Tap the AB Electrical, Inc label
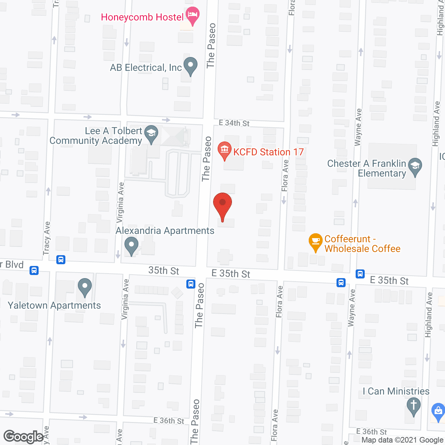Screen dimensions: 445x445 pyautogui.click(x=146, y=67)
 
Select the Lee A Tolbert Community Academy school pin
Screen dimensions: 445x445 pyautogui.click(x=151, y=134)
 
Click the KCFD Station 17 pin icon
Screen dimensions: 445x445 pyautogui.click(x=225, y=151)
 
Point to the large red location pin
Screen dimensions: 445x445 pyautogui.click(x=222, y=205)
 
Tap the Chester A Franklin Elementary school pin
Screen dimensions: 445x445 pyautogui.click(x=415, y=167)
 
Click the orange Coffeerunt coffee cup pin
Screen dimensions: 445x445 pyautogui.click(x=315, y=242)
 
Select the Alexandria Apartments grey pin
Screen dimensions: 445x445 pyautogui.click(x=131, y=245)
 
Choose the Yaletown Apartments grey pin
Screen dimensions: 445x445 pyautogui.click(x=85, y=287)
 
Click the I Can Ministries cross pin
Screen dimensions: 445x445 pyautogui.click(x=414, y=406)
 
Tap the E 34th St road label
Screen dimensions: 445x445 pyautogui.click(x=234, y=123)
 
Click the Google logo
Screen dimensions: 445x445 pyautogui.click(x=24, y=437)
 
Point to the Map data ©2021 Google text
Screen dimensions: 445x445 pyautogui.click(x=402, y=440)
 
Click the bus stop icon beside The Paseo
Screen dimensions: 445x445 pyautogui.click(x=191, y=284)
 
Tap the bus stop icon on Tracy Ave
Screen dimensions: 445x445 pyautogui.click(x=61, y=259)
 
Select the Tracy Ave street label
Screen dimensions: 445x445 pyautogui.click(x=47, y=238)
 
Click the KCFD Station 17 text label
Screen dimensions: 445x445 pyautogui.click(x=268, y=152)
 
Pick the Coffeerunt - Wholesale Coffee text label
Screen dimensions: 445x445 pyautogui.click(x=362, y=244)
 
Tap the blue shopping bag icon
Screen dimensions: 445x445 pyautogui.click(x=438, y=412)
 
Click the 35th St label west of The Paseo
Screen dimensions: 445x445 pyautogui.click(x=164, y=270)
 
